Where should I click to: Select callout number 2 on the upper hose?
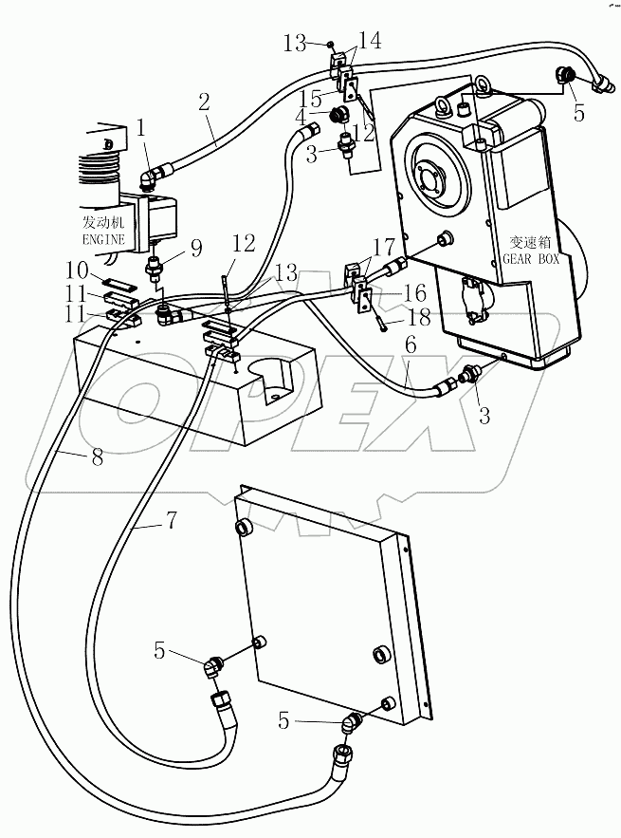[x=203, y=102]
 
